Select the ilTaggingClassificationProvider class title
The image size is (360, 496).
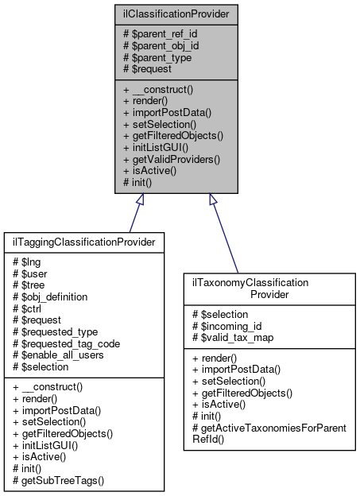(x=83, y=241)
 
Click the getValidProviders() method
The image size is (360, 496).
(x=171, y=160)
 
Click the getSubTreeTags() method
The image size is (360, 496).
(x=53, y=482)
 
